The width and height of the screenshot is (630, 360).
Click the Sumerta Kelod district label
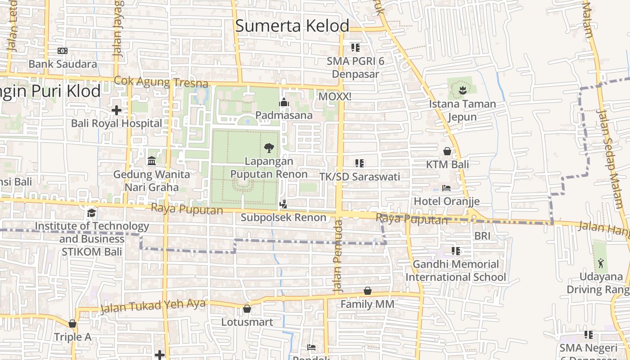pos(292,26)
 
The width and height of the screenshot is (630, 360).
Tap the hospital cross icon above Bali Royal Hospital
pos(117,110)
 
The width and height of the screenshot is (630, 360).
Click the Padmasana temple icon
pos(283,103)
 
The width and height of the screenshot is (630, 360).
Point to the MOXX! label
pos(334,96)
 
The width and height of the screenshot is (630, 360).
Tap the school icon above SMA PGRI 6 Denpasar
pos(355,47)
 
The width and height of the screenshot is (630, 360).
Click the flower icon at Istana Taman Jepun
pos(462,90)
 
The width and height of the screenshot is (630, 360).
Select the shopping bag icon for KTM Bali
pos(447,151)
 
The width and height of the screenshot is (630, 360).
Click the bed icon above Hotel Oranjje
pos(446,188)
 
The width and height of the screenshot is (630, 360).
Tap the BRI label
pos(482,236)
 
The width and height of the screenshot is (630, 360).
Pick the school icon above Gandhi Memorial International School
pos(456,251)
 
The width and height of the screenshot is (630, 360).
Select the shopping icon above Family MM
pos(368,291)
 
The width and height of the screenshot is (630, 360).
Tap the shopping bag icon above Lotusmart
pos(247,309)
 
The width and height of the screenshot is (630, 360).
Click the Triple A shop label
pos(72,337)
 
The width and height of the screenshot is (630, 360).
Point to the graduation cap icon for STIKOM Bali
pos(92,212)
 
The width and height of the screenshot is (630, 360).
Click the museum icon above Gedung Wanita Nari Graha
pos(152,161)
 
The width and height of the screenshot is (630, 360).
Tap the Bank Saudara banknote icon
pos(63,51)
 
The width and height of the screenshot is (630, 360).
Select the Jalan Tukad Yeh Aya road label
pos(153,306)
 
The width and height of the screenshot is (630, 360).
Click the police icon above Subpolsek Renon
pos(283,204)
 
